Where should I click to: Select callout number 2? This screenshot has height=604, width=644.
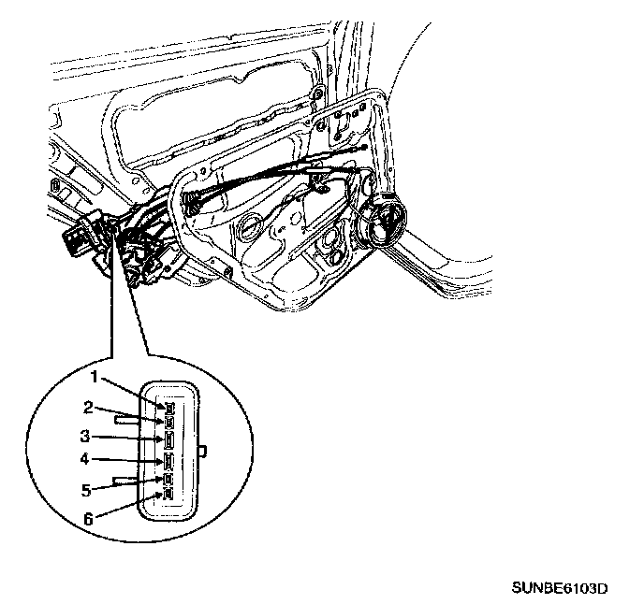pyautogui.click(x=88, y=407)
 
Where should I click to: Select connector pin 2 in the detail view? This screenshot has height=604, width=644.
pyautogui.click(x=168, y=421)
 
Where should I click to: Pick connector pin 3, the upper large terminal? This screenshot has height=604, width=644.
pyautogui.click(x=168, y=439)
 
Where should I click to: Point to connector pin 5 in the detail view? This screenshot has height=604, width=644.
pyautogui.click(x=168, y=481)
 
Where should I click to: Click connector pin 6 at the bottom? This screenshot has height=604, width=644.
pyautogui.click(x=168, y=493)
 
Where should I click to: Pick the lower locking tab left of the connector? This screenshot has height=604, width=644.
pyautogui.click(x=126, y=480)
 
